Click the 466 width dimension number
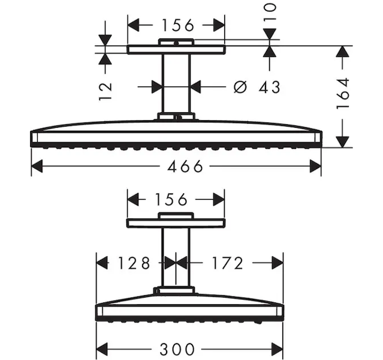click(185, 166)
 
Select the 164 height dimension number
click(343, 94)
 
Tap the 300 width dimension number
click(177, 349)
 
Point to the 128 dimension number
click(134, 263)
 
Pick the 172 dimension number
click(228, 263)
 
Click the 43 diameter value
click(270, 87)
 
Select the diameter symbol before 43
click(240, 87)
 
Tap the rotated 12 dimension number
click(105, 91)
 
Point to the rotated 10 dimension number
click(270, 11)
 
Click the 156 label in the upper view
click(178, 25)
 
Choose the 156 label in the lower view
click(171, 199)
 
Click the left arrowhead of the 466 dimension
click(37, 166)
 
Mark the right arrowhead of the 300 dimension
click(278, 349)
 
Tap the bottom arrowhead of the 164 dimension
click(343, 142)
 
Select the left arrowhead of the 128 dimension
click(102, 263)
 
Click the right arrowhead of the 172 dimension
click(278, 263)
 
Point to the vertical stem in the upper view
click(176, 83)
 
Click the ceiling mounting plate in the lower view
click(176, 223)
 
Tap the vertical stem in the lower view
click(176, 257)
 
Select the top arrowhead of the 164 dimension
click(343, 52)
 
